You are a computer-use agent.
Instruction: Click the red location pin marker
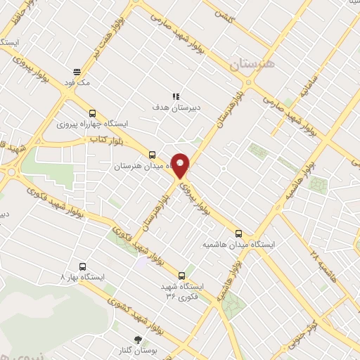pyautogui.click(x=181, y=166)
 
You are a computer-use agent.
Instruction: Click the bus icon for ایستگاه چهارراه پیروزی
pyautogui.click(x=92, y=113)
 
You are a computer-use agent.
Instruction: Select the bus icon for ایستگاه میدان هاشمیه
pyautogui.click(x=238, y=233)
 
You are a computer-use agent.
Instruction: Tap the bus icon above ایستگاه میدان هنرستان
pyautogui.click(x=152, y=155)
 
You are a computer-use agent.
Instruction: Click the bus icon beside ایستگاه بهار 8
pyautogui.click(x=83, y=266)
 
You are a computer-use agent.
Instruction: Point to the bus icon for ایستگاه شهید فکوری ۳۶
pyautogui.click(x=181, y=276)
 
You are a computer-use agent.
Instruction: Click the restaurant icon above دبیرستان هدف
pyautogui.click(x=176, y=96)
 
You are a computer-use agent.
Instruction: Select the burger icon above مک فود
pyautogui.click(x=77, y=71)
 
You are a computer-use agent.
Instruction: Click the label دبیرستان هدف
pyautogui.click(x=176, y=108)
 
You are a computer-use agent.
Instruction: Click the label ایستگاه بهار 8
pyautogui.click(x=82, y=277)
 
